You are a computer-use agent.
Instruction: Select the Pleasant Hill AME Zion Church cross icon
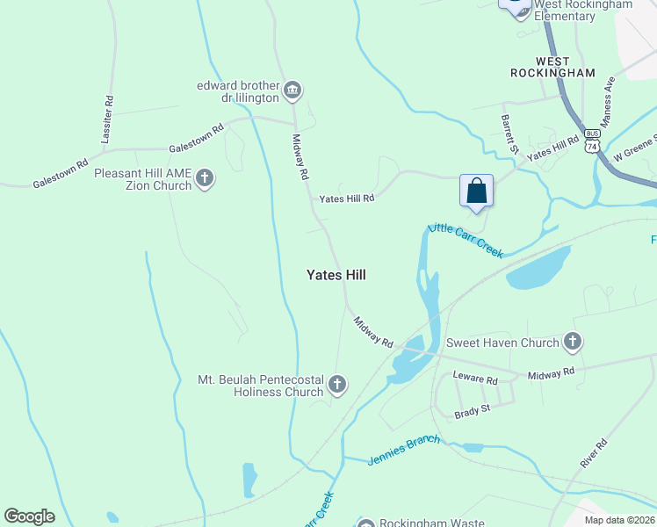(x=205, y=179)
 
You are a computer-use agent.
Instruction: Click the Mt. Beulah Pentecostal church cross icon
(x=337, y=384)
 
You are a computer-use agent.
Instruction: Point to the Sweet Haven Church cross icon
(x=573, y=342)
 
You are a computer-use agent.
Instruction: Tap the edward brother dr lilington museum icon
(x=292, y=90)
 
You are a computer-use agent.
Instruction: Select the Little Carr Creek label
(x=466, y=241)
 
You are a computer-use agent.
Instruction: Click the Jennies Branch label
(x=404, y=450)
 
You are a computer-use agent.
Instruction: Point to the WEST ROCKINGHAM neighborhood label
(x=552, y=67)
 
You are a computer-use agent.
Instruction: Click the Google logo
(x=29, y=516)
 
